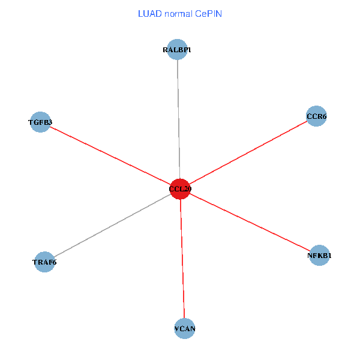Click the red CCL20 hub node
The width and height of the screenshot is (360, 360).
[180, 189]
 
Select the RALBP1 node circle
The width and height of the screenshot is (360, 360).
[177, 50]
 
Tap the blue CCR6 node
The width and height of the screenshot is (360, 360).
[316, 116]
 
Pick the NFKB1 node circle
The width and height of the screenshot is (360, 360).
[319, 256]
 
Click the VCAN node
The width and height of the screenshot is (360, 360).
[185, 329]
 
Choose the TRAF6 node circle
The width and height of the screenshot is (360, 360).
[44, 262]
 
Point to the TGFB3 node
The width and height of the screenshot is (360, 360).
[40, 122]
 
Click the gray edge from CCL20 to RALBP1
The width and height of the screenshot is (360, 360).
[178, 120]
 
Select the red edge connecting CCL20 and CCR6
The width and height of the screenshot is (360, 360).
[248, 152]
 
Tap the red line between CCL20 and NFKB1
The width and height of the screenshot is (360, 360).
[250, 222]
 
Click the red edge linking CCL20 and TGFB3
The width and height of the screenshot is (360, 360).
[110, 156]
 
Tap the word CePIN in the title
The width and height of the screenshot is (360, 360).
[209, 13]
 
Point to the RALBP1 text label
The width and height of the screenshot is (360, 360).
[177, 50]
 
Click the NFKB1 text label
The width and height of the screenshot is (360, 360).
[319, 256]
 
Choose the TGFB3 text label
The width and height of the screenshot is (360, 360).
[40, 122]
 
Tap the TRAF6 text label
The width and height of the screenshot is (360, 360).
[44, 262]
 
